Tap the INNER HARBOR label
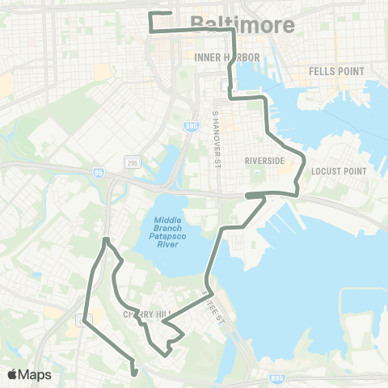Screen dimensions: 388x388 point(227,57)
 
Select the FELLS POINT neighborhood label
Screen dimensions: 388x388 point(337,71)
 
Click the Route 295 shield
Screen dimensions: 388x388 point(131,163)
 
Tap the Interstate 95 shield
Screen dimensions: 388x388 point(99,171)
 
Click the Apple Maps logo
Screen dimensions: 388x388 point(29,374)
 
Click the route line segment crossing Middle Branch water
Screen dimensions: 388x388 point(215,259)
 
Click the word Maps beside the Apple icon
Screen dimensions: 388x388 point(36,374)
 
